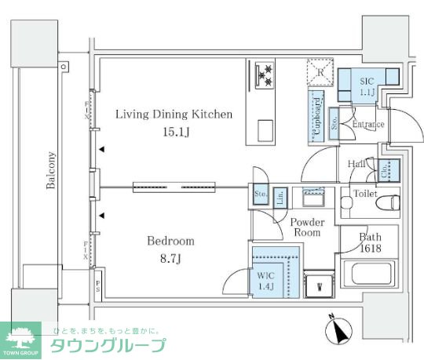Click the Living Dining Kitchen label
(x=174, y=115)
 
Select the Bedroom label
(x=171, y=241)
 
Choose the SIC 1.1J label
(x=367, y=87)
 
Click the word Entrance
(x=367, y=125)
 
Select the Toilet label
(x=364, y=193)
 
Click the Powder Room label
(x=307, y=227)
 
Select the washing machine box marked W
(x=319, y=285)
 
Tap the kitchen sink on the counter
(x=264, y=129)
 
